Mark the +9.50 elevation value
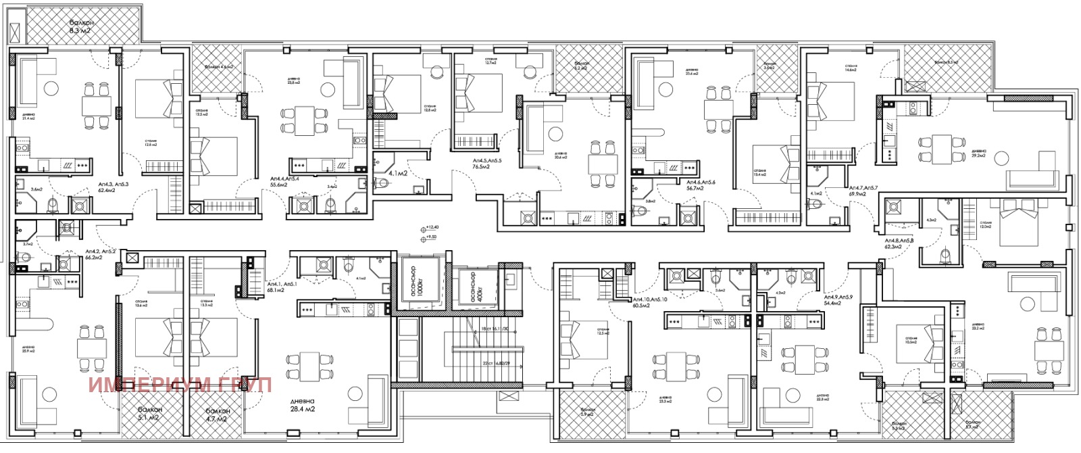(x=429, y=238)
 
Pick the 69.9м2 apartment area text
(x=859, y=193)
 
